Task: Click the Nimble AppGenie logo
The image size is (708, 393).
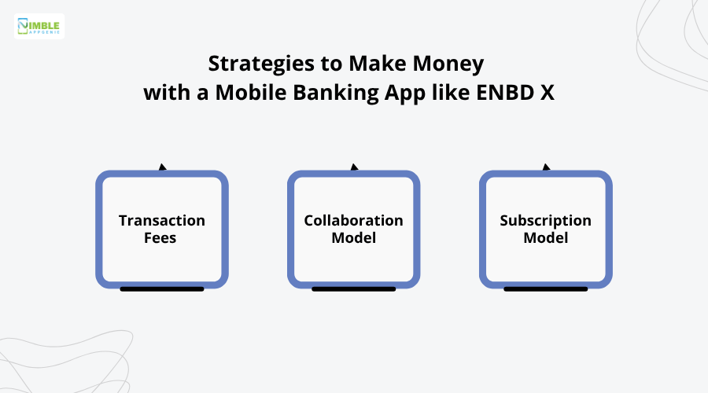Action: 39,26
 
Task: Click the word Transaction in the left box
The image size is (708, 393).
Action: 162,221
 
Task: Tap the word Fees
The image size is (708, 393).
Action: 162,237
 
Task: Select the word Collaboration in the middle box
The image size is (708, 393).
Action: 354,221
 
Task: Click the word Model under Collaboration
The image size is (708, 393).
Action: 354,237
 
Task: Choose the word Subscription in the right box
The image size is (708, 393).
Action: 546,221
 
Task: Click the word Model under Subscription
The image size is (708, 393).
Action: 546,237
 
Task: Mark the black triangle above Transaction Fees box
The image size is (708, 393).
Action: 162,167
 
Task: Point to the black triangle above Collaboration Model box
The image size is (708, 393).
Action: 354,167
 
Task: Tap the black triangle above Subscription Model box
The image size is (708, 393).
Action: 546,167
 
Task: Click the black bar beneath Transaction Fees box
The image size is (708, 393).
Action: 162,288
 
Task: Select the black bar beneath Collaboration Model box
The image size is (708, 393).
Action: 354,288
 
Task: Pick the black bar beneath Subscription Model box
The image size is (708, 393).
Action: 546,288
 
